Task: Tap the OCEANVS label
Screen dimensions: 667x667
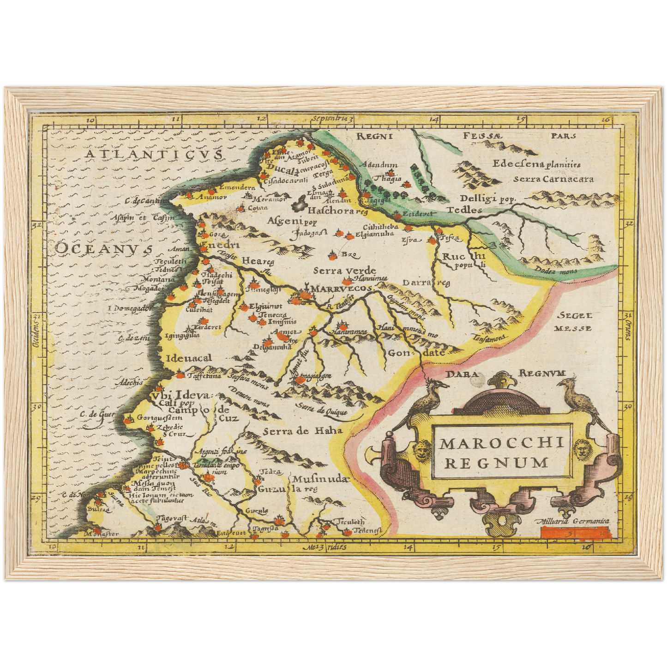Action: click(x=104, y=248)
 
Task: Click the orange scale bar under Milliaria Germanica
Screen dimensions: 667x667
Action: click(x=576, y=533)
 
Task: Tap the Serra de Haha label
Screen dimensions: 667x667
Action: click(x=303, y=431)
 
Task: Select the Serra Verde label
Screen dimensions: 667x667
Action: click(x=344, y=270)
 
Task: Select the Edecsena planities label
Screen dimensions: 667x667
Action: click(x=536, y=164)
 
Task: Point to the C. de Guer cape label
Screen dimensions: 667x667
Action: click(x=96, y=414)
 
